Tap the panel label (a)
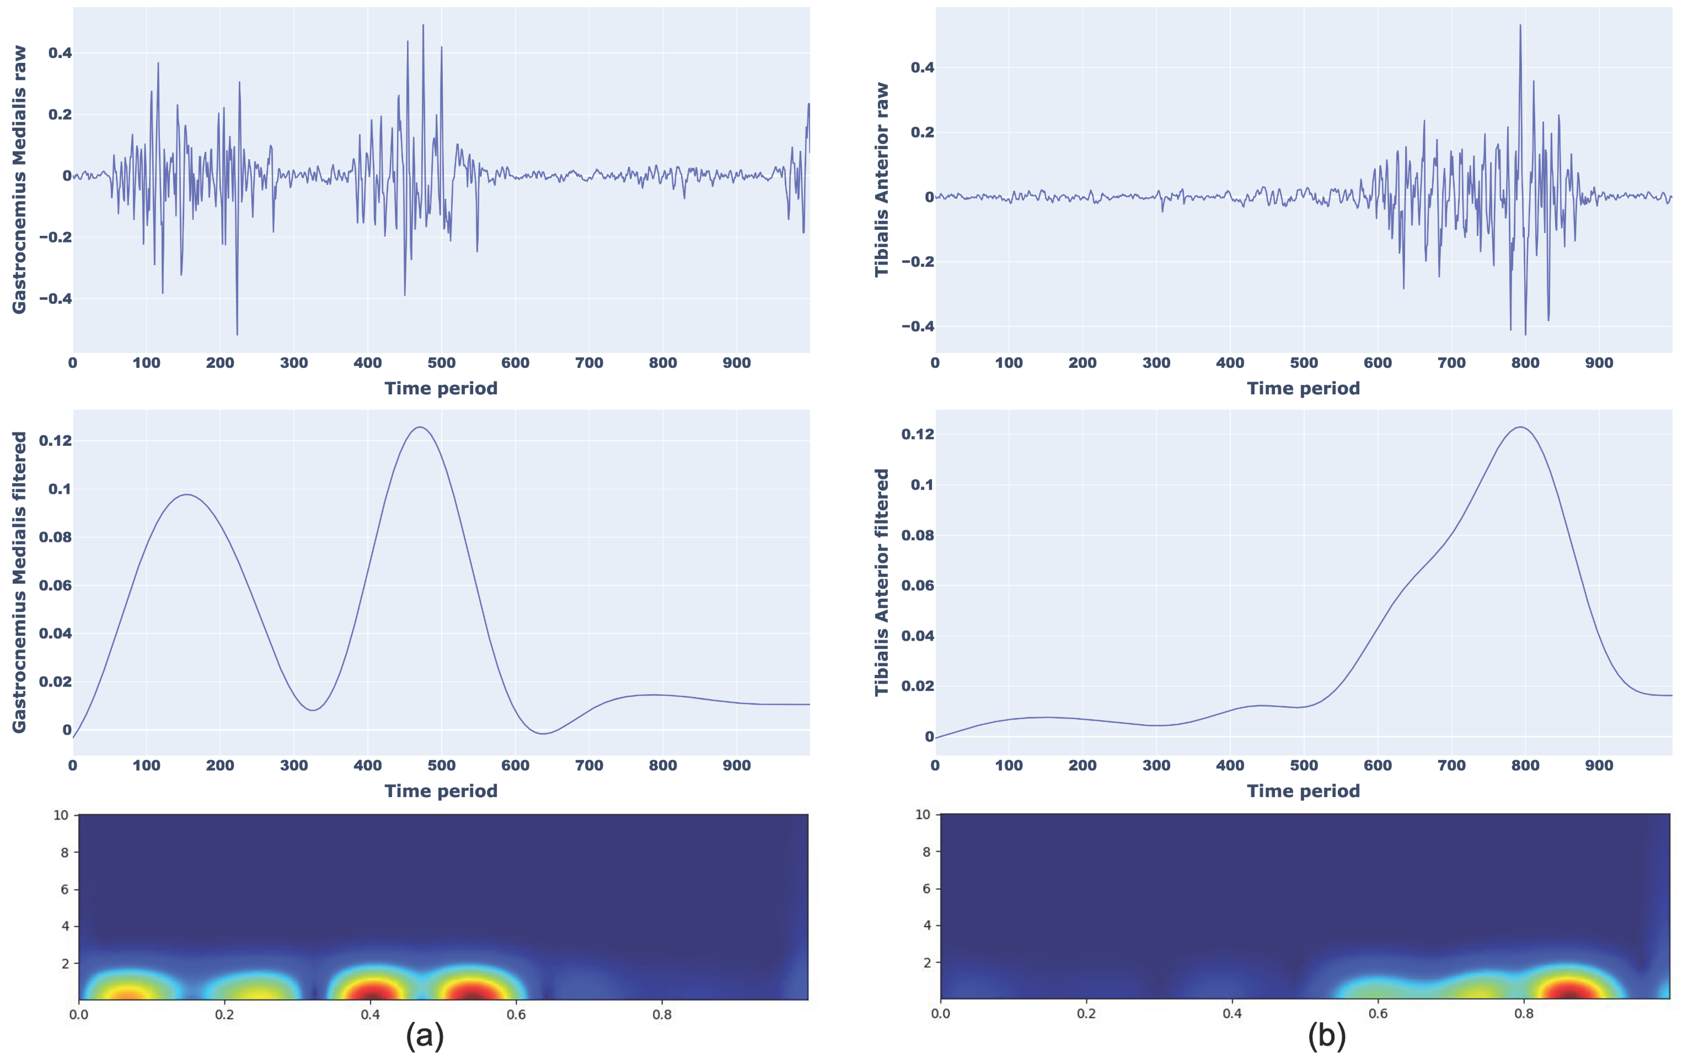[424, 1035]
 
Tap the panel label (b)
[1326, 1035]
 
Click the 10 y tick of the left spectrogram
[61, 815]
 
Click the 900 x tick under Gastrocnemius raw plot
[736, 363]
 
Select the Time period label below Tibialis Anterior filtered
[1303, 791]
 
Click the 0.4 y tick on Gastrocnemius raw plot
[60, 53]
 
